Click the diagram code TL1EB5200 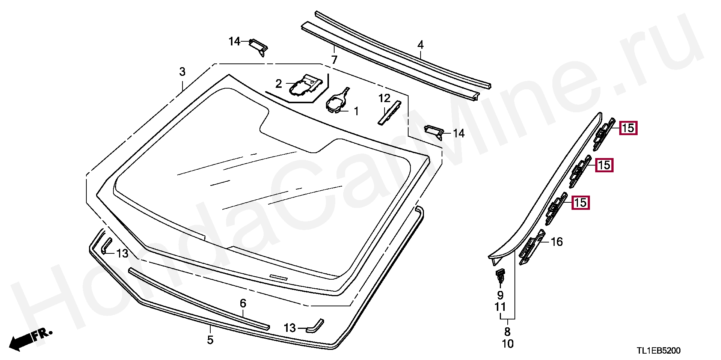[x=658, y=351]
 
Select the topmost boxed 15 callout [x=628, y=128]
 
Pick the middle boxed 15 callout [x=604, y=165]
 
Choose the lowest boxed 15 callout [x=581, y=203]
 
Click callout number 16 [x=557, y=241]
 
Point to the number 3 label [x=182, y=71]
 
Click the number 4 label [x=421, y=45]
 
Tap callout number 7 [x=334, y=59]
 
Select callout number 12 [x=385, y=98]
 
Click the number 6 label [x=243, y=303]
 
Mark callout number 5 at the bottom [x=210, y=340]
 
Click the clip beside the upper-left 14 [x=259, y=46]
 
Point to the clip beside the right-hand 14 [x=434, y=131]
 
